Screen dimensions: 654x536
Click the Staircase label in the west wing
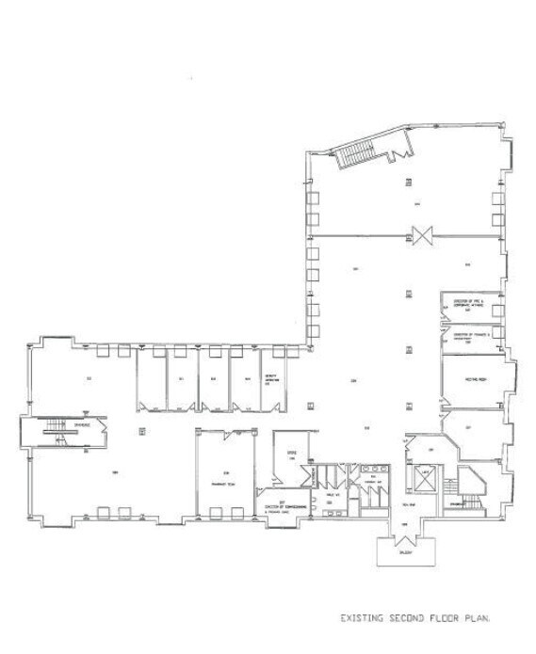pyautogui.click(x=62, y=425)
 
